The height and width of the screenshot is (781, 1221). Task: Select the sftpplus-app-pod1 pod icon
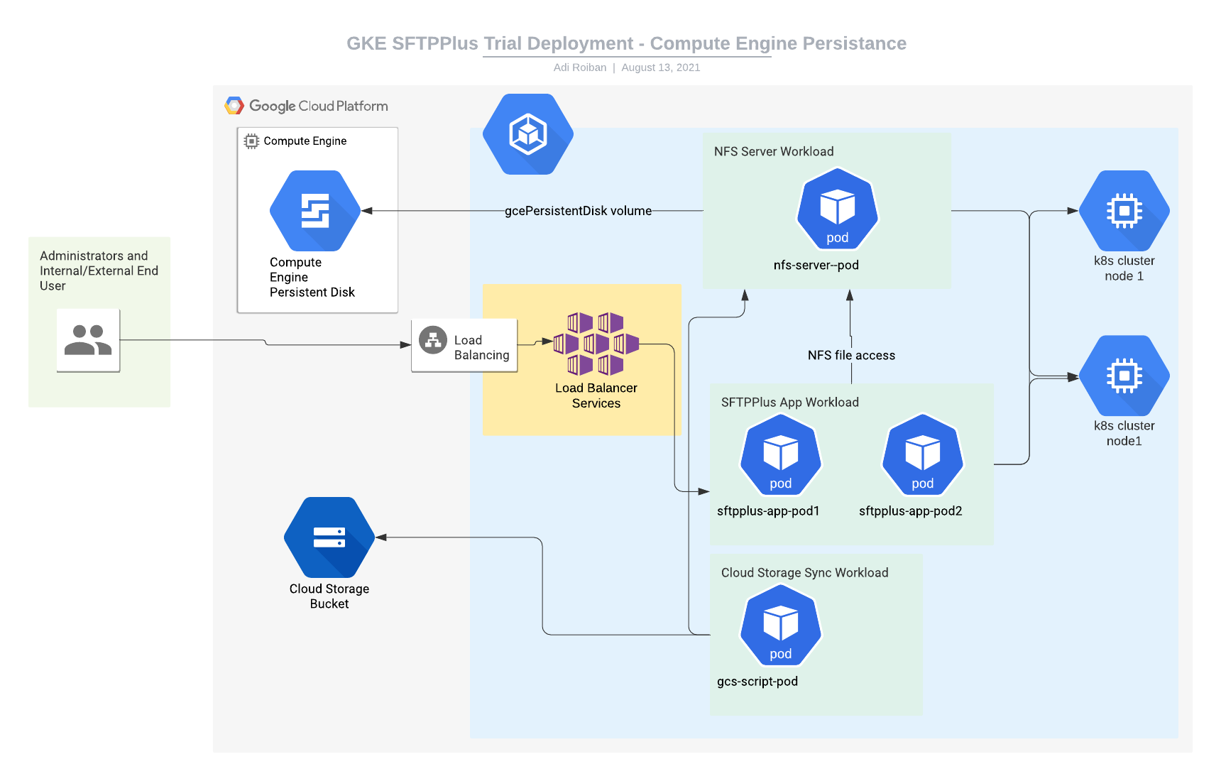781,455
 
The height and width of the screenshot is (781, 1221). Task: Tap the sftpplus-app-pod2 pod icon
922,455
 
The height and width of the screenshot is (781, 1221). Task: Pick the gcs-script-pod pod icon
781,626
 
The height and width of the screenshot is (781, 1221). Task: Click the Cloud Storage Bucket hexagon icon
329,537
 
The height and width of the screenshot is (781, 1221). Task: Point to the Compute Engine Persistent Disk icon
315,211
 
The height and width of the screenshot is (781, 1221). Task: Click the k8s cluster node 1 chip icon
1124,211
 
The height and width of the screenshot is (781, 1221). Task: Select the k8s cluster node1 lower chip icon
1124,376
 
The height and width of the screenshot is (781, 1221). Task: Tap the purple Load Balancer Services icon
596,344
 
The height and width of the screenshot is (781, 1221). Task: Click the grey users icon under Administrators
88,340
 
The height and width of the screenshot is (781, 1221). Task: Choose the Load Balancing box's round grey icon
433,340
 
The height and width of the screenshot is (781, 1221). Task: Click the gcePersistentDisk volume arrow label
578,211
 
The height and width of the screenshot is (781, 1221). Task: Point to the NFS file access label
851,355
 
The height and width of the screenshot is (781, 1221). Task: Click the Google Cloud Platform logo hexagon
234,106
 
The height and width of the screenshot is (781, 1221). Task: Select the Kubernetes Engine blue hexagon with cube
528,134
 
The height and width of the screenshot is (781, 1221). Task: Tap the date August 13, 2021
660,67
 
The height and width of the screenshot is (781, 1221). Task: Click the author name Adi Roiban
580,67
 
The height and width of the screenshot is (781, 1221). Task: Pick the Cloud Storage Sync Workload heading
804,572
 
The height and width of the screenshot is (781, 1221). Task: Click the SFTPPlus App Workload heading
789,402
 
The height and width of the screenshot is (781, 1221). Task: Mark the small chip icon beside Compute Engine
251,141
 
